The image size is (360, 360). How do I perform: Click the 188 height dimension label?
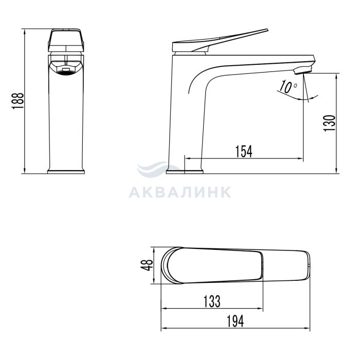tap(17, 101)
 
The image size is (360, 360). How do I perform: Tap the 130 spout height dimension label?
tap(329, 123)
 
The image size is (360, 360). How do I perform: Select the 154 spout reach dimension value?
tap(244, 151)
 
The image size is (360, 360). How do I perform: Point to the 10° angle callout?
tap(288, 87)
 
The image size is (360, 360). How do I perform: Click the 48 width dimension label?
tap(147, 265)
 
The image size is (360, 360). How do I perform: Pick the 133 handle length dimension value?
tap(212, 301)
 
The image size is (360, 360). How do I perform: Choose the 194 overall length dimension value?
tap(236, 321)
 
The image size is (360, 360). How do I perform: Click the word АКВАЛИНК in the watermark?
tap(180, 192)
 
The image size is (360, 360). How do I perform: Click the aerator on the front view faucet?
tap(66, 71)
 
